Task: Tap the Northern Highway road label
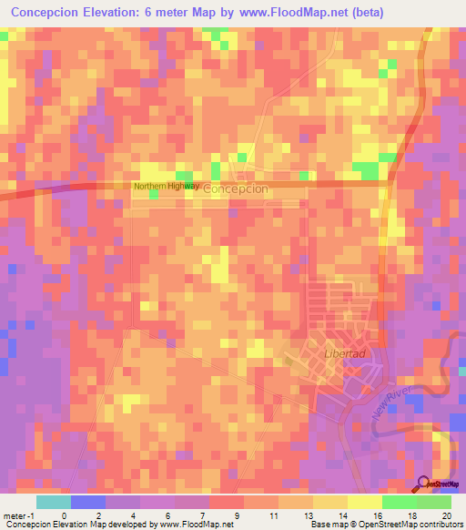tap(166, 186)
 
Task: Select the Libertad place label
tap(318, 352)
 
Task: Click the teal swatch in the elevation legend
tap(53, 501)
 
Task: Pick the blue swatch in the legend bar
tap(87, 501)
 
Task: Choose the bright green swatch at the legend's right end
tap(433, 501)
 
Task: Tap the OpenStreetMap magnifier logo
tap(424, 482)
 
